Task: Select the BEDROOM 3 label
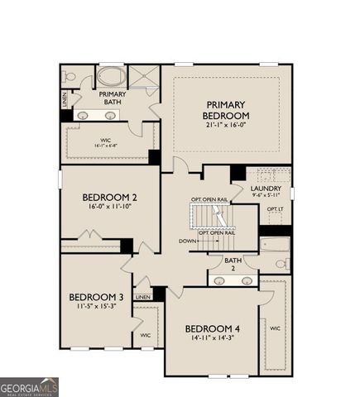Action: pos(96,297)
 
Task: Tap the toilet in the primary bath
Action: pos(70,76)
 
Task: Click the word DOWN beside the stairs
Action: pos(187,241)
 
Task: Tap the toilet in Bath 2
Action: pos(281,265)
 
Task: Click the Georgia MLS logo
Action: pos(29,386)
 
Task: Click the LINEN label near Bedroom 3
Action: pos(143,297)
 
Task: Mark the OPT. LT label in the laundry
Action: pos(276,209)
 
